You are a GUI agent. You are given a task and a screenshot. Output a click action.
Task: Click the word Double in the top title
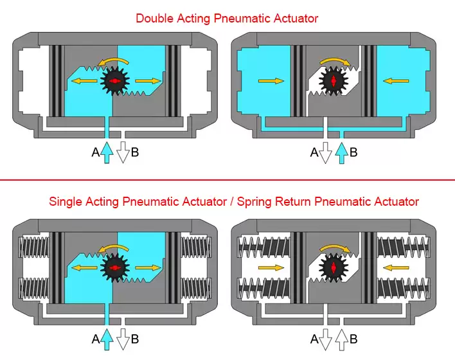coord(154,18)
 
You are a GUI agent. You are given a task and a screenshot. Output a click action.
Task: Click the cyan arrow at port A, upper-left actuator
coord(107,152)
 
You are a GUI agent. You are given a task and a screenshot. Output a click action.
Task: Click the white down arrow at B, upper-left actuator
coord(122,152)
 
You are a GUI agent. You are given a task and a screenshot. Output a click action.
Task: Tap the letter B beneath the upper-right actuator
coord(353,152)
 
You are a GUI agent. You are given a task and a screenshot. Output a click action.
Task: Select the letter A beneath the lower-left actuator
coord(96,339)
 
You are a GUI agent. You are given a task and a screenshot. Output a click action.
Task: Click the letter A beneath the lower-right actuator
coord(314,339)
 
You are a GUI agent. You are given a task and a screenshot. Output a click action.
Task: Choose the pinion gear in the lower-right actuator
coord(334,266)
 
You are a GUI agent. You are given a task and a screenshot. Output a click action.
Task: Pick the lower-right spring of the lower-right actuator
coord(404,287)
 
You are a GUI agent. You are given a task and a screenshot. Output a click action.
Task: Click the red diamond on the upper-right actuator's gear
coord(334,81)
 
